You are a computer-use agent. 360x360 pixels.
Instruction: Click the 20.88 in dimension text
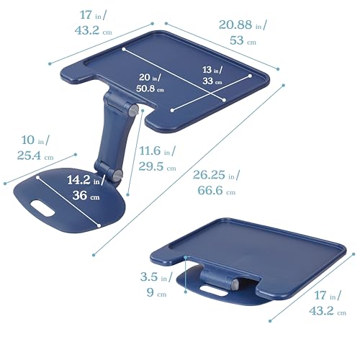coord(243,25)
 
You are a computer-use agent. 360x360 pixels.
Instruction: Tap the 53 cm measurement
coord(243,40)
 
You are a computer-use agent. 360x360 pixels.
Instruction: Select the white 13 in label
coord(212,70)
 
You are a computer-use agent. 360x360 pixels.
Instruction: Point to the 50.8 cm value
coord(150,89)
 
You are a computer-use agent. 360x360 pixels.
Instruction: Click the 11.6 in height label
coord(158,151)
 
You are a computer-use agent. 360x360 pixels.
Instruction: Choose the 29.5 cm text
coord(158,166)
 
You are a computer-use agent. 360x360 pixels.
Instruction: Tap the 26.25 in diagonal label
coord(216,175)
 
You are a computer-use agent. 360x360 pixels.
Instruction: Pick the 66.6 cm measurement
coord(217,190)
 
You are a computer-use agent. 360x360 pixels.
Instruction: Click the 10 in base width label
coord(35,140)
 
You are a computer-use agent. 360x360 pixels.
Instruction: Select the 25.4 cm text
coord(35,156)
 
